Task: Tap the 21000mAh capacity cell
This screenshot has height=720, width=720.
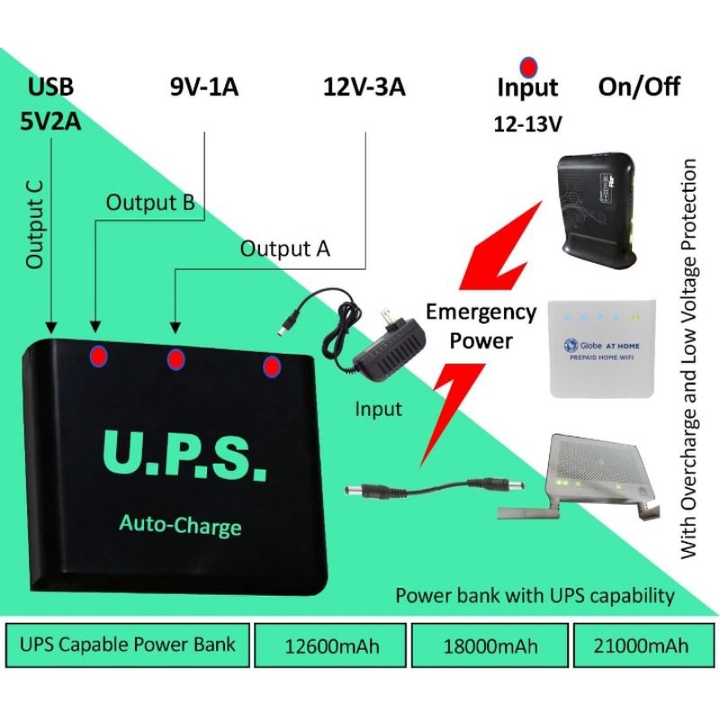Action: point(644,645)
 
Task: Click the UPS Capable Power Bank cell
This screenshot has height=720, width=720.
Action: point(127,643)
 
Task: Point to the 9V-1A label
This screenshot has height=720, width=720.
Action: point(206,88)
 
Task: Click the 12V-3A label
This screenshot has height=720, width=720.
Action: point(364,88)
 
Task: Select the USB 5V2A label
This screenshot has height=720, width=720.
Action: point(51,103)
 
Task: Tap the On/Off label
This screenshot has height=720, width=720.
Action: point(639,87)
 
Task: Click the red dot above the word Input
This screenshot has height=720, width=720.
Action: point(528,67)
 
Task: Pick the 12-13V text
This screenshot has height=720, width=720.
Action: point(528,124)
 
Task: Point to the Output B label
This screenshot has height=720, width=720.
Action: point(150,202)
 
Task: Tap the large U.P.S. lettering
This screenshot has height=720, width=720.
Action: point(184,457)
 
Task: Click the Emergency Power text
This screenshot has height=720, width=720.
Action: point(481,326)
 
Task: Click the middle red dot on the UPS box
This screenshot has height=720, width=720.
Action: point(176,359)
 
